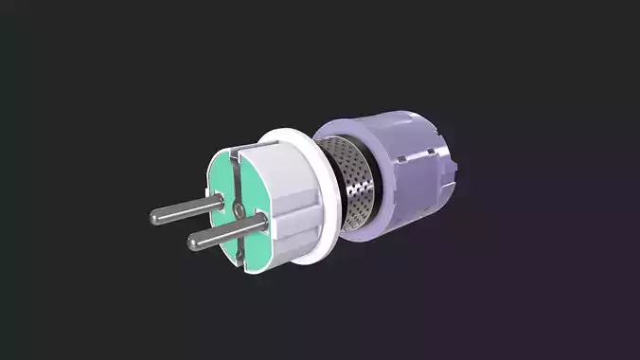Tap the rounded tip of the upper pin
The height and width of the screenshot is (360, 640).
(154, 217)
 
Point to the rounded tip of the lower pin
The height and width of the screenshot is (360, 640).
(192, 243)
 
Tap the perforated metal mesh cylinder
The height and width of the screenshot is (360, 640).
(361, 185)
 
